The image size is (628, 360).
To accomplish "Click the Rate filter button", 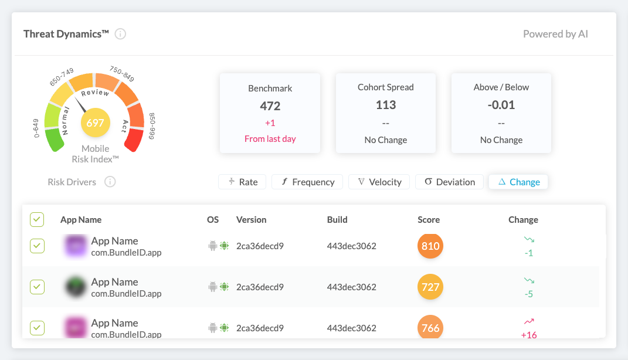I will (242, 182).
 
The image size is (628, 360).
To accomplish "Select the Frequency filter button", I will (308, 182).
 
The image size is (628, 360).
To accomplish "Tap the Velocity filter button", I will (379, 182).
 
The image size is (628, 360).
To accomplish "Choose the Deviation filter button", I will (449, 182).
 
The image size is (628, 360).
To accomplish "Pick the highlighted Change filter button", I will (518, 182).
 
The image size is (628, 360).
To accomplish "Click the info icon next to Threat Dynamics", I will (120, 34).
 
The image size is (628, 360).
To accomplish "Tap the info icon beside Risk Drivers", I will (110, 182).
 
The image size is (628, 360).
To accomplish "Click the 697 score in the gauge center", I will (95, 123).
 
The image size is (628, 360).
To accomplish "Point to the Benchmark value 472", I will (270, 106).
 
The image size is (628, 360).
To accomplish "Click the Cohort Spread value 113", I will (386, 105).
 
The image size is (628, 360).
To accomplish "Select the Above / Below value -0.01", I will (501, 105).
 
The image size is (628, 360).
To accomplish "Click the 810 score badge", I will (430, 246).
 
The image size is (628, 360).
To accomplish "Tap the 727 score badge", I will (430, 287).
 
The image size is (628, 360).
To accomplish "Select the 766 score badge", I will (430, 328).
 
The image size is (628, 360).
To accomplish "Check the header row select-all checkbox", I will (37, 220).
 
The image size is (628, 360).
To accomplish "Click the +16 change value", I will (529, 335).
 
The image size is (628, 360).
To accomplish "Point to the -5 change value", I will (529, 294).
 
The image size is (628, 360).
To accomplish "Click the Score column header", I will (429, 220).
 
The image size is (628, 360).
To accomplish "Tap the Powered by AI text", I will (555, 34).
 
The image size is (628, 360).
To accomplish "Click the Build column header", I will (337, 220).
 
